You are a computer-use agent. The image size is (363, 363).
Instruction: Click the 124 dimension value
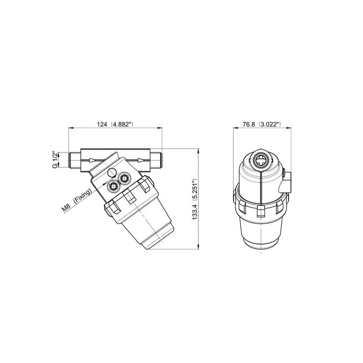pyautogui.click(x=102, y=124)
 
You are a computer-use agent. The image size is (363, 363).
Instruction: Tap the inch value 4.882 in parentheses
pyautogui.click(x=122, y=124)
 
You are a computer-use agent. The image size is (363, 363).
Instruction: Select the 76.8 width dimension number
pyautogui.click(x=249, y=124)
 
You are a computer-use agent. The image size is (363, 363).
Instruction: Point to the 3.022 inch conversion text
pyautogui.click(x=269, y=124)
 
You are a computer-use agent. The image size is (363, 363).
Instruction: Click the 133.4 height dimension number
pyautogui.click(x=195, y=211)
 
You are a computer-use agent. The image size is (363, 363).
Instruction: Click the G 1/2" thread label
pyautogui.click(x=55, y=160)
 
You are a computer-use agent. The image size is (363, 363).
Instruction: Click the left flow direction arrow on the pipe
pyautogui.click(x=93, y=160)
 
